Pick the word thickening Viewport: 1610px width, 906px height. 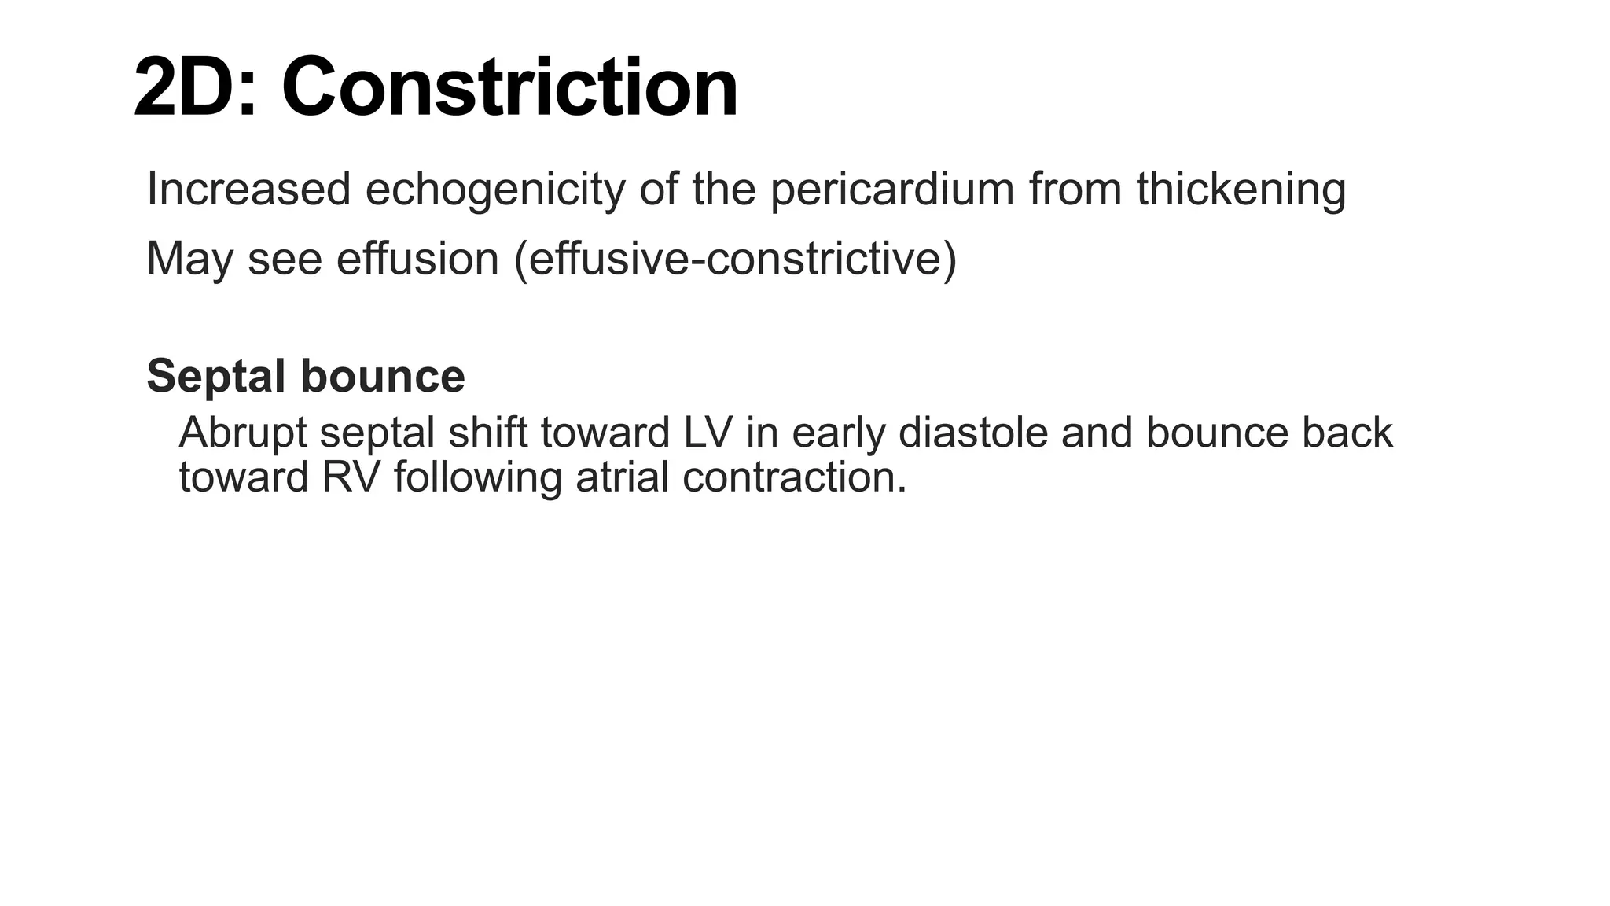(1241, 190)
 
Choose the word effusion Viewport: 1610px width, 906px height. (417, 259)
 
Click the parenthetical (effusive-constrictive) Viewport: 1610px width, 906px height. (735, 259)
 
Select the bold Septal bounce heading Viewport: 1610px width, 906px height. (306, 376)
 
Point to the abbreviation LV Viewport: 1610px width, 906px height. (708, 433)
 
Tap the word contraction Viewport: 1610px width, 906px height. (795, 477)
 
